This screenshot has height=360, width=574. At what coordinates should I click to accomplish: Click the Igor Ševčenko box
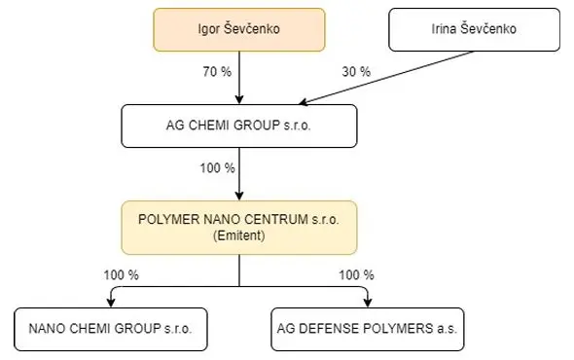239,29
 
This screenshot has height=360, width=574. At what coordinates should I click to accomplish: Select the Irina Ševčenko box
474,29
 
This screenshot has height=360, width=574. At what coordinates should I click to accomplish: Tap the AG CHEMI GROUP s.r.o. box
239,126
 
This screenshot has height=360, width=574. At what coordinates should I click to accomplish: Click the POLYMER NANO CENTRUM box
239,228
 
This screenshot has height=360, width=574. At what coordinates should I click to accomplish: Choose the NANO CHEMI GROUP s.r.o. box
111,329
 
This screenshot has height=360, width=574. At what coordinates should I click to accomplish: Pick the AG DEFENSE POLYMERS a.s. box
368,329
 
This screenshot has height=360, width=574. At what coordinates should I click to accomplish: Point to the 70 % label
217,72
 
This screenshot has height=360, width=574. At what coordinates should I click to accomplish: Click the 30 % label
356,72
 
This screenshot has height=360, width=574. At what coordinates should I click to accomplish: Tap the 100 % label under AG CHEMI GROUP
217,168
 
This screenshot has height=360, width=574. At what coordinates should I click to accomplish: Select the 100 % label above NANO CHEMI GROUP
122,275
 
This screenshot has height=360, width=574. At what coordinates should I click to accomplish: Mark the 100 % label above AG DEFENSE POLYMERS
356,275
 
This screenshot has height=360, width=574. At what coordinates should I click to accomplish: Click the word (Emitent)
239,235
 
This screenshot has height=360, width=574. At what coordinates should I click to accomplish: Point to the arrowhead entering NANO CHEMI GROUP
111,303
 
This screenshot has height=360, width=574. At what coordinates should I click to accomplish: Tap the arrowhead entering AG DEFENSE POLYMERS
368,303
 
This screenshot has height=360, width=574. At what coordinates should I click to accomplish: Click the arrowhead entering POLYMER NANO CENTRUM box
239,196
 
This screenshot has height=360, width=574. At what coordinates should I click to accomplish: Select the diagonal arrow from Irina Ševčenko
386,78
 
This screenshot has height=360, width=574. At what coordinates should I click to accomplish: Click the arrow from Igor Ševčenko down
239,78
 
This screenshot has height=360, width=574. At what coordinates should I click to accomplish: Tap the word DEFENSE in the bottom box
330,329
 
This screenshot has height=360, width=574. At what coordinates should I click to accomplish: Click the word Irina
444,29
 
